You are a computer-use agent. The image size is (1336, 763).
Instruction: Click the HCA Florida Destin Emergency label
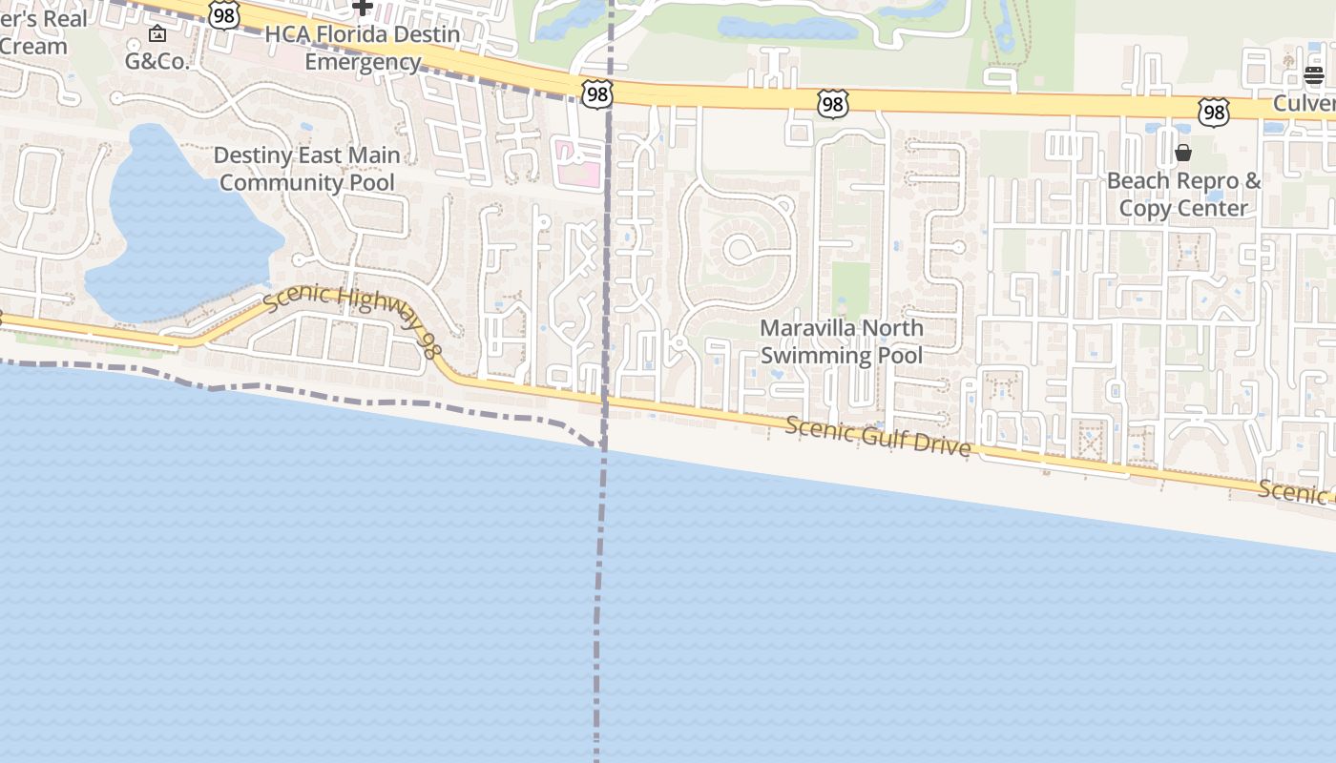click(362, 48)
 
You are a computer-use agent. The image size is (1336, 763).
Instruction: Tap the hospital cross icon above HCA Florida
click(362, 7)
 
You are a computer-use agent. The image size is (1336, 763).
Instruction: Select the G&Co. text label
click(157, 61)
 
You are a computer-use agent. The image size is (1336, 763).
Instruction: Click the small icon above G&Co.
click(157, 34)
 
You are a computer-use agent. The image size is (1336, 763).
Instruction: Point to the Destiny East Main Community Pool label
click(306, 168)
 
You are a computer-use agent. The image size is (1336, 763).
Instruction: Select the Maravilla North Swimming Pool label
click(841, 341)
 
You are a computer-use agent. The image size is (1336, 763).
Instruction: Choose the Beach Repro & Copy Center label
click(1183, 195)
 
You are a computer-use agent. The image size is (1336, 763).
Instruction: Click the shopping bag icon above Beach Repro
click(1183, 153)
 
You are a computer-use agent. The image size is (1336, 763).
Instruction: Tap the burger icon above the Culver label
click(1314, 75)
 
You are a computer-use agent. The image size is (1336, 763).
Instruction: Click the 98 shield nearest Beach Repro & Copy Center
click(1213, 113)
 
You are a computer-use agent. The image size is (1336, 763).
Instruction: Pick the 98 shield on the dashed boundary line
click(596, 93)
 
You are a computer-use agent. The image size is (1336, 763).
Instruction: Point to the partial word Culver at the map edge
click(1306, 102)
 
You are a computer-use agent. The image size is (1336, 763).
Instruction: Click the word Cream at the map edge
click(33, 46)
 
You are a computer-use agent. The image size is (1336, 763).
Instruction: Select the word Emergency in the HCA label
click(363, 62)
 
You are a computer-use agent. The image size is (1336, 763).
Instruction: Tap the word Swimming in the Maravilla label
click(818, 356)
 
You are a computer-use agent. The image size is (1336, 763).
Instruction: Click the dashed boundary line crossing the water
click(598, 610)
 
